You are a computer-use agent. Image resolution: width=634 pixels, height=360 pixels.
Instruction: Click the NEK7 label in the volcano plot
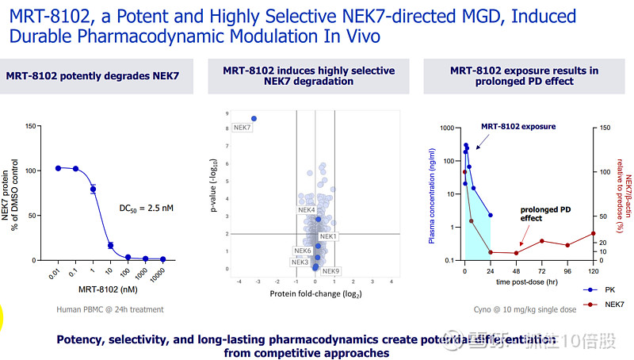pos(243,128)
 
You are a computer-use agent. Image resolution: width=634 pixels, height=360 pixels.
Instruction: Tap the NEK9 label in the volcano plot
pos(331,271)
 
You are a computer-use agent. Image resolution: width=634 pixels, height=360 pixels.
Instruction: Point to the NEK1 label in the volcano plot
pos(328,236)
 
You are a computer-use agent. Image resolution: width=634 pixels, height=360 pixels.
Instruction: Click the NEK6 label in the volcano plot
pos(303,251)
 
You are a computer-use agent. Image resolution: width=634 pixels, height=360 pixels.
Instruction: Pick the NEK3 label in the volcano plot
pos(300,262)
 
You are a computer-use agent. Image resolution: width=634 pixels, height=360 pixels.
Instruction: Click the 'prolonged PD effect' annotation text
pos(541,213)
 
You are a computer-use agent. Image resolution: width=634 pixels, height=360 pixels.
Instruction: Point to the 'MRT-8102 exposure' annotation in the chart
pos(518,126)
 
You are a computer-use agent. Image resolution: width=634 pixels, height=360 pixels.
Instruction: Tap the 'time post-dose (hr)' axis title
pos(525,281)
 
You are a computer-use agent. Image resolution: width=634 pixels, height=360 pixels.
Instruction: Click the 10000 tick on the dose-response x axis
pos(162,271)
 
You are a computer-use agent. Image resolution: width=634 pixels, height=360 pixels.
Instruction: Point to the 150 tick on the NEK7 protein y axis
pos(32,125)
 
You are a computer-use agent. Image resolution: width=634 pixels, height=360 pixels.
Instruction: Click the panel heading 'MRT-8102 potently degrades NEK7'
pos(93,75)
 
